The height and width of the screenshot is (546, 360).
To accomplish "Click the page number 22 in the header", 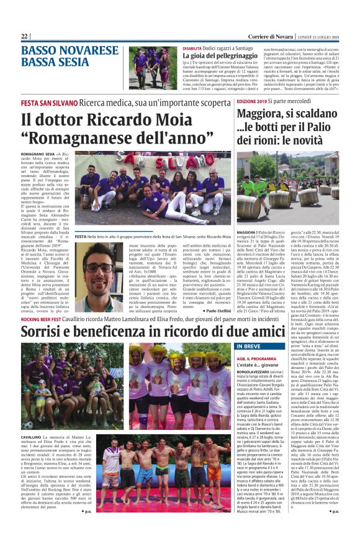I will (25, 37).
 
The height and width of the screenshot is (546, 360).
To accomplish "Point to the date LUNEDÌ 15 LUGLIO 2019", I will (316, 37).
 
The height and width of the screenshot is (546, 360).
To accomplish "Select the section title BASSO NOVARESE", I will (66, 50).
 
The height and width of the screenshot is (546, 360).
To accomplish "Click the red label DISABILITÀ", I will (192, 48).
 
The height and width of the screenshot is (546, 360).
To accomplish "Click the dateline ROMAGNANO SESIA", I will (38, 153).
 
